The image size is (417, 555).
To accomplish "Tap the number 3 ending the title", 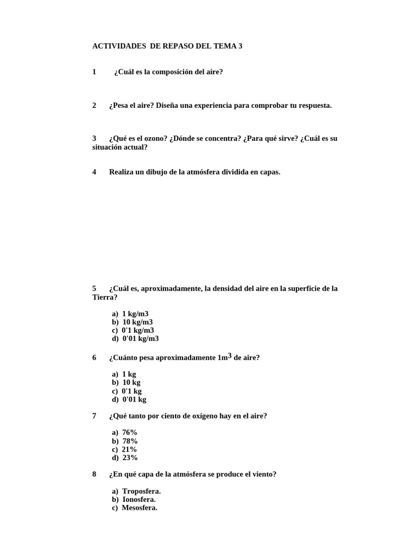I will tap(240, 47).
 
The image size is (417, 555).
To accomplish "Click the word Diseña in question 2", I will tap(167, 105).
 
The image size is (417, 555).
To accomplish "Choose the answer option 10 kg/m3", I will tap(137, 322).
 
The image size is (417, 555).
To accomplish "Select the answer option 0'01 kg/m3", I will tap(140, 339).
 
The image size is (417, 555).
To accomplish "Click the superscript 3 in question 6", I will tap(230, 356).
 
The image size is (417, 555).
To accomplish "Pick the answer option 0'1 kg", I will tap(131, 391).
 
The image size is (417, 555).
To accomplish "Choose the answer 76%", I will tap(130, 433).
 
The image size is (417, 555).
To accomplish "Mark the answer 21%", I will tap(129, 449).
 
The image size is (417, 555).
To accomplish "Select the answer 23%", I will tap(130, 457).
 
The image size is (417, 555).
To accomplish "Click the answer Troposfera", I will tap(141, 491).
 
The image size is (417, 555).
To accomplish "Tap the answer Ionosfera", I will tap(139, 499).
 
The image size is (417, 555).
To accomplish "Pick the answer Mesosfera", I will tap(140, 508).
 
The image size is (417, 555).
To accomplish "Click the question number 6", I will tap(94, 358).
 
